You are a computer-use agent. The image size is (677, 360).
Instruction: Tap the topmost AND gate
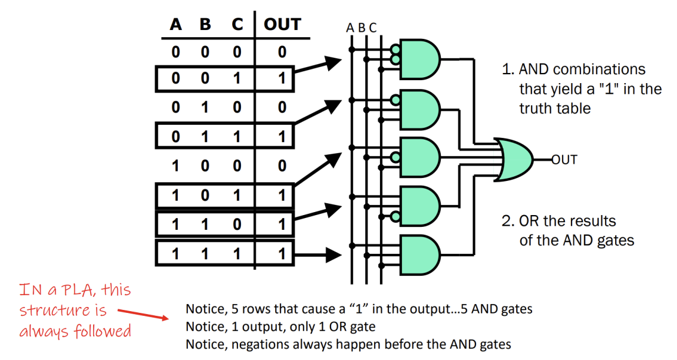pyautogui.click(x=420, y=58)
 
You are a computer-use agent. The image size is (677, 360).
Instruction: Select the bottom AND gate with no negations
pyautogui.click(x=420, y=255)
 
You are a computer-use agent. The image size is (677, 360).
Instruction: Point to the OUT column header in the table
pyautogui.click(x=282, y=24)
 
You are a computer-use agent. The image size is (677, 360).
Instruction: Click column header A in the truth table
pyautogui.click(x=176, y=24)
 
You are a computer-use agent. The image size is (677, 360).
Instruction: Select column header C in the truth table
pyautogui.click(x=236, y=24)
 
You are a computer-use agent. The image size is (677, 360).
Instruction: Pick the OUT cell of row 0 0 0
pyautogui.click(x=282, y=52)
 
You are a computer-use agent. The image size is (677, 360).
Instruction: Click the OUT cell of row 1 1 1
pyautogui.click(x=282, y=253)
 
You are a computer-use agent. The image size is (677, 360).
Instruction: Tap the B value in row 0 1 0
pyautogui.click(x=205, y=108)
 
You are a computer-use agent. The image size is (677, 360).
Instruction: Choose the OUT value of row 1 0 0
pyautogui.click(x=282, y=166)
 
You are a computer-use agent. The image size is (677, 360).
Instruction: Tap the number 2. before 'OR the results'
pyautogui.click(x=508, y=222)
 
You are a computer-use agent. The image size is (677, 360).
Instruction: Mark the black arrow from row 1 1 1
pyautogui.click(x=318, y=254)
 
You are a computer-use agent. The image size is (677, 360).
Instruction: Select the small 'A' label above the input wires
pyautogui.click(x=350, y=28)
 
